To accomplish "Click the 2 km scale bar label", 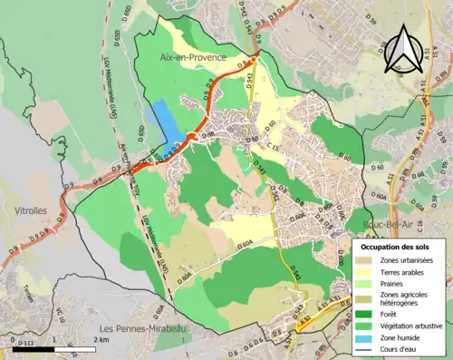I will coord(102,340).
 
